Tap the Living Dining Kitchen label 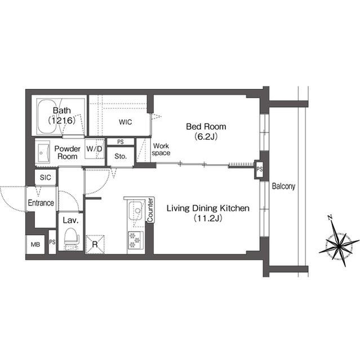click(x=207, y=209)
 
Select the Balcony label click(x=283, y=186)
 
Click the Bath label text click(x=61, y=111)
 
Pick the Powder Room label click(x=67, y=152)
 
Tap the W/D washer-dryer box click(x=95, y=149)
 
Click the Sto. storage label click(x=120, y=156)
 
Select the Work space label click(x=161, y=149)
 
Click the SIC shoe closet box click(x=45, y=177)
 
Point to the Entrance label click(x=41, y=203)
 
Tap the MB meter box click(x=35, y=245)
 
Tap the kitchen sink click(x=135, y=212)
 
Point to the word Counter click(x=150, y=210)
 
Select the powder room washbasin click(x=44, y=152)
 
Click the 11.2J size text click(x=207, y=218)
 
